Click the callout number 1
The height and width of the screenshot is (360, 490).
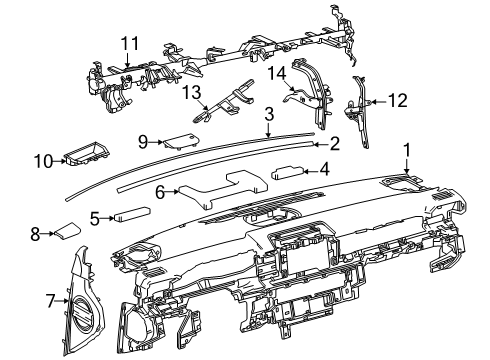pos(406,150)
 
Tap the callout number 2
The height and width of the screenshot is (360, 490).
pos(334,144)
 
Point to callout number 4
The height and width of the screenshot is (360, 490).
pos(324,171)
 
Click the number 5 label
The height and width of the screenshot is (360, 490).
pos(94,216)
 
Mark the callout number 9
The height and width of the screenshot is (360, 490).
pos(143,141)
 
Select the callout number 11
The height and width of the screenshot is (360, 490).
pos(127,43)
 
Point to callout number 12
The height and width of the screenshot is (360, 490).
pos(398,101)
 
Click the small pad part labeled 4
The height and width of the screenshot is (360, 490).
pos(290,171)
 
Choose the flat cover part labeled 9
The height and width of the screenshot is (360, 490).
pos(179,139)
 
